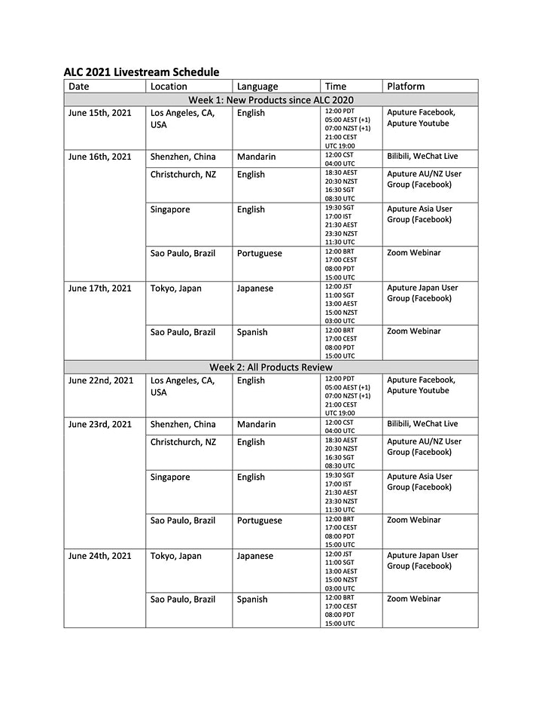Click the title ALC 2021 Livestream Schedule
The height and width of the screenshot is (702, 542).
[x=142, y=72]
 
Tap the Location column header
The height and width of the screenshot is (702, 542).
[x=169, y=87]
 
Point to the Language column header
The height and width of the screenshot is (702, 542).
[x=257, y=87]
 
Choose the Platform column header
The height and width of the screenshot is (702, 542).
[x=406, y=87]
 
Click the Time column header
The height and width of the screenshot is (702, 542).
[x=335, y=87]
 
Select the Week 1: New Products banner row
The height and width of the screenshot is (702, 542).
[x=271, y=99]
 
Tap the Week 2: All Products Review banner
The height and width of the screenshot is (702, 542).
[x=271, y=367]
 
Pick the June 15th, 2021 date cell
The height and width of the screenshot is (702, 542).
[x=100, y=113]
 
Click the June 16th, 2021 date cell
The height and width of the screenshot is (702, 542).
[x=100, y=157]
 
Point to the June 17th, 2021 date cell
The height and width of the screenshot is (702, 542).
[x=100, y=288]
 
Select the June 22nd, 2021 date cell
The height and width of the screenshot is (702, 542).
[x=101, y=380]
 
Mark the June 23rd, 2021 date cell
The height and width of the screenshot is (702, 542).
[x=101, y=424]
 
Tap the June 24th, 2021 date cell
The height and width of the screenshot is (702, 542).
[x=100, y=556]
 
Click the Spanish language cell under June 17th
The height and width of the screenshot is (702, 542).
[x=252, y=332]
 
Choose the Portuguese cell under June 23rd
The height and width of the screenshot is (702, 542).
[x=260, y=520]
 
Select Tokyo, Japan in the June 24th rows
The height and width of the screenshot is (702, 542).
[x=176, y=556]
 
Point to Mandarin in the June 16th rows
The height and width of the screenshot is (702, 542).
[x=257, y=157]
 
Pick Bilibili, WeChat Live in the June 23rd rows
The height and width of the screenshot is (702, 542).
[x=422, y=424]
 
